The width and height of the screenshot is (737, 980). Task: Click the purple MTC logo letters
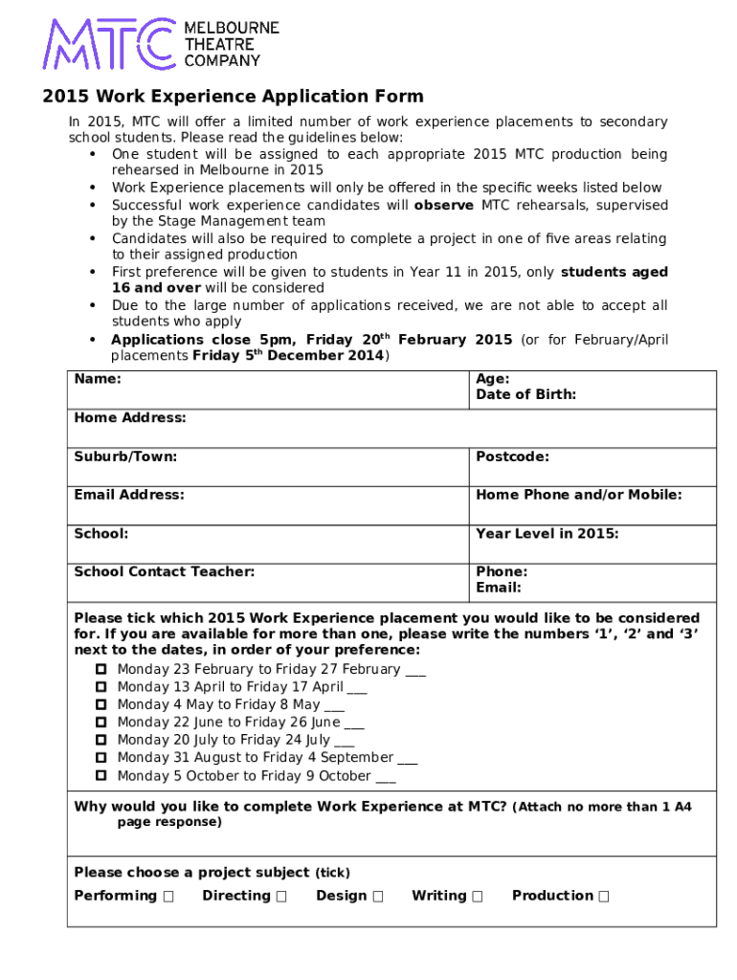[107, 44]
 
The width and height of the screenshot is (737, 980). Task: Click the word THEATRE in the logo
[219, 44]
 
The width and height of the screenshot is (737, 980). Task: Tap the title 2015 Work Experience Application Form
[233, 97]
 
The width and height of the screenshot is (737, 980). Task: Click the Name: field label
[98, 379]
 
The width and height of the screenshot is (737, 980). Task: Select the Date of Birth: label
[525, 394]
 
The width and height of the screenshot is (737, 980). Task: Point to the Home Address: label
[130, 417]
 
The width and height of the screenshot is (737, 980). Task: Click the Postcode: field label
[512, 457]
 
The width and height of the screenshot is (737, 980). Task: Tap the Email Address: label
[129, 495]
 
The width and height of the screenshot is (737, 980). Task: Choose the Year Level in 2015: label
[547, 533]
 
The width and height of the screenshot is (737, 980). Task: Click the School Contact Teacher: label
[165, 571]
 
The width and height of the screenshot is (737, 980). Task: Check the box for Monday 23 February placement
[100, 670]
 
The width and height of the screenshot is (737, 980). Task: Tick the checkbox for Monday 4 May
[100, 705]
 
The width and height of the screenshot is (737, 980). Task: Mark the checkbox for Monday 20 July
[100, 741]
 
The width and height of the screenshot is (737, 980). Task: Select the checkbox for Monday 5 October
[100, 776]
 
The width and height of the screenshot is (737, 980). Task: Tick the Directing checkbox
[281, 897]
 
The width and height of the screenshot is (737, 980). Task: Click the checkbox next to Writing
[478, 897]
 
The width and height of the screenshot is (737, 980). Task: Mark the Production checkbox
[603, 897]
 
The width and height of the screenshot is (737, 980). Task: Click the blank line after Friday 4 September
[407, 759]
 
